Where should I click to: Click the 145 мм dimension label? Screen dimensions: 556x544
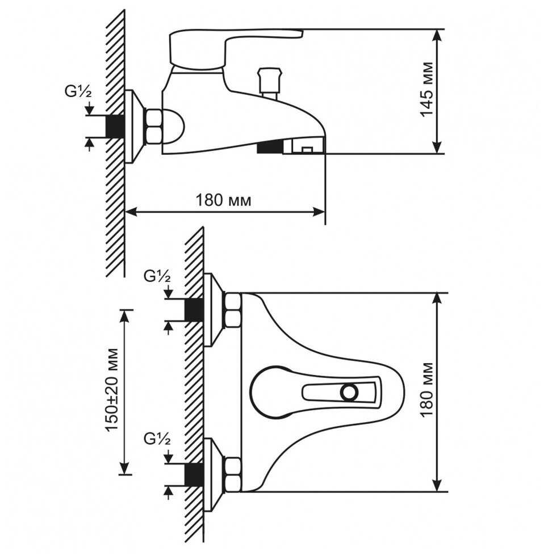pos(426,91)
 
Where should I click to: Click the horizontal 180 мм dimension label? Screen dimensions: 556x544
pos(223,200)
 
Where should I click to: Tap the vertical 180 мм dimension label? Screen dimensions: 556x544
pos(426,391)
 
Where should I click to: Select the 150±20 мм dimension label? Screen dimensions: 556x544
pos(113,391)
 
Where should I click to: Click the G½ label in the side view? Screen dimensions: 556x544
pos(78,92)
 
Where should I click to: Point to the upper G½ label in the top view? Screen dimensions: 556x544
pos(157,276)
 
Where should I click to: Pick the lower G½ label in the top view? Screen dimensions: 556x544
pos(157,439)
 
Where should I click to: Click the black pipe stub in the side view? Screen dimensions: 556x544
pos(115,126)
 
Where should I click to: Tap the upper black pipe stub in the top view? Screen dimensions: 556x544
pos(194,310)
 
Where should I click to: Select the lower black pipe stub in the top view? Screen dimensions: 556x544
pos(194,474)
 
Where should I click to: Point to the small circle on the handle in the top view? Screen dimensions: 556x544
pos(349,391)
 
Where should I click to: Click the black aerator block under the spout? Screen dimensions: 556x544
pos(269,148)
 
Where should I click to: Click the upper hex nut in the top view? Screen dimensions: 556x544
pos(233,310)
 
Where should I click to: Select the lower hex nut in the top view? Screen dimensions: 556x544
pos(233,474)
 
